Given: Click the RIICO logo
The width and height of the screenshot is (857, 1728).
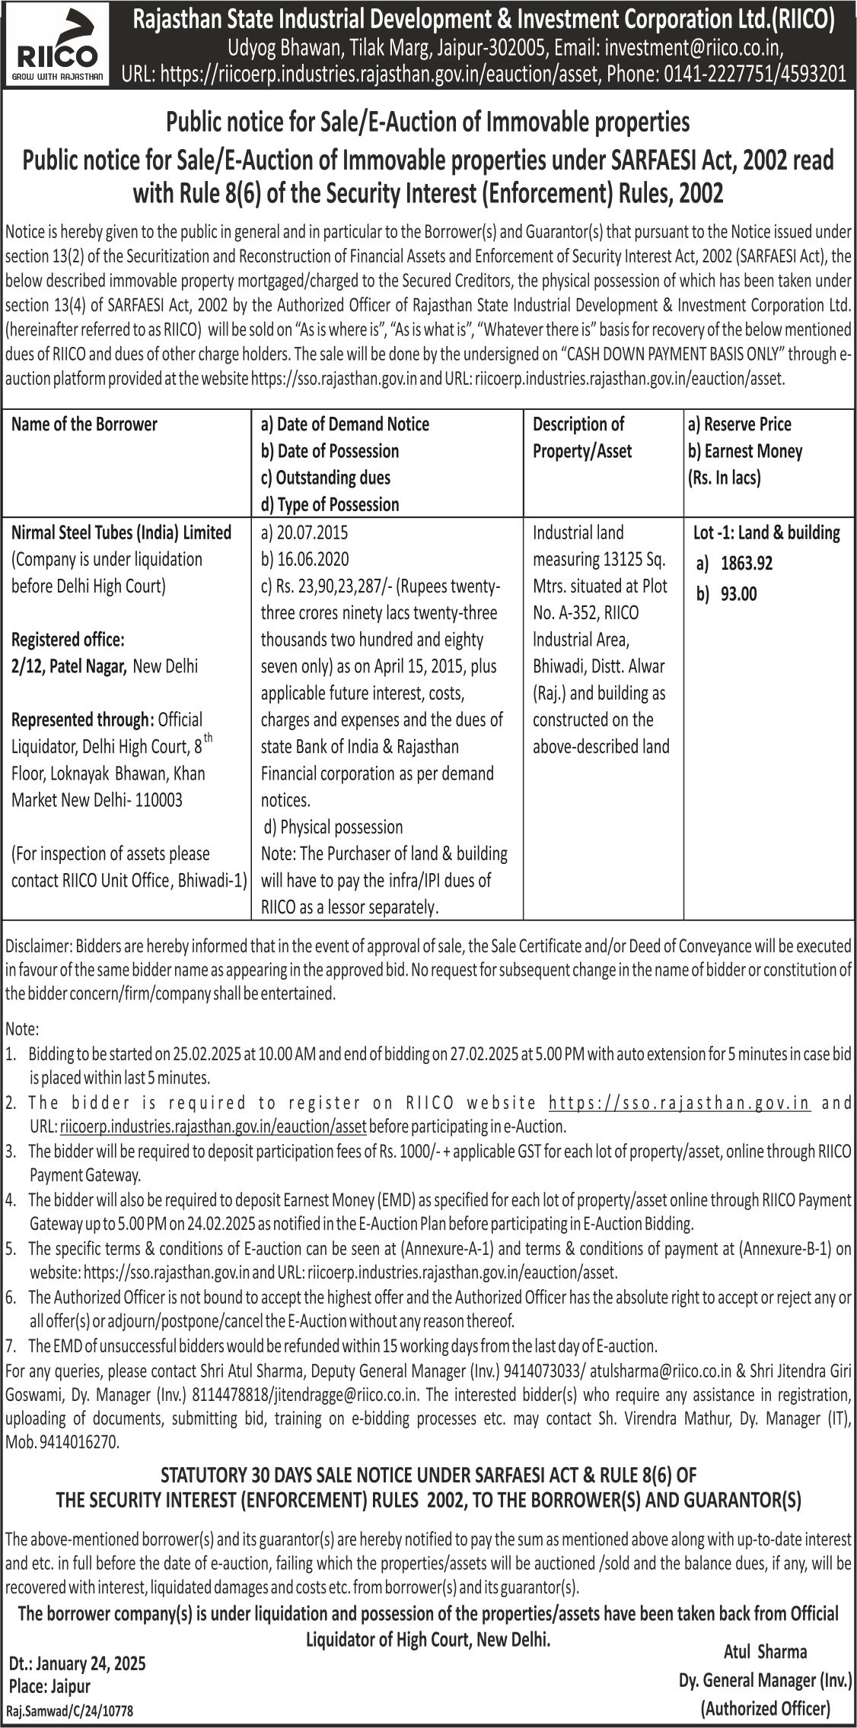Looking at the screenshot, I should pos(58,46).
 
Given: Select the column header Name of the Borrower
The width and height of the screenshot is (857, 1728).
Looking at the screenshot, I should pos(84,424).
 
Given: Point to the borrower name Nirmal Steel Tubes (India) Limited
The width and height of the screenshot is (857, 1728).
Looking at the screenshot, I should pos(122,532).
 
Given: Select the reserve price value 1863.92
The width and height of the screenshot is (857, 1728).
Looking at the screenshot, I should pos(746,564).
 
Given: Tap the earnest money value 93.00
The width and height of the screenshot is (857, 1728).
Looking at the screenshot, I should pos(738,594).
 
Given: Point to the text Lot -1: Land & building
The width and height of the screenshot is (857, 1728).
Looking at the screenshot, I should pos(766,532).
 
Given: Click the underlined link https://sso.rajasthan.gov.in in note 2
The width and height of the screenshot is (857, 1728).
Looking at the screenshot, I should pos(679,1103).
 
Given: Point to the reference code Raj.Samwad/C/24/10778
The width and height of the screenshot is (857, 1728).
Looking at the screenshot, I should pos(69,1711).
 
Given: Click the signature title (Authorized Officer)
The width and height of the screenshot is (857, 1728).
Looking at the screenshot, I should pos(765,1708).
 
